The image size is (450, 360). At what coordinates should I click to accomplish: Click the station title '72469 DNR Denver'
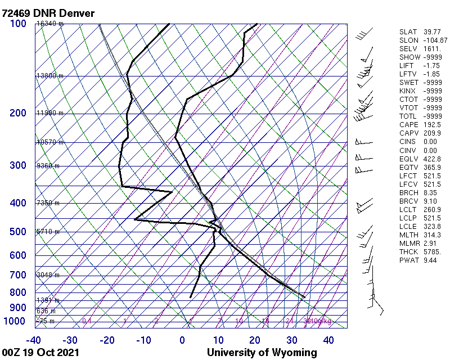click(x=48, y=12)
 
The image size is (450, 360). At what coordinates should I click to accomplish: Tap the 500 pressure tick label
click(x=17, y=232)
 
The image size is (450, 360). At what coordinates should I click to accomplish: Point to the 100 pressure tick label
click(x=17, y=24)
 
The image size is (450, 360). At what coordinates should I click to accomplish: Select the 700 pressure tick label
click(x=17, y=275)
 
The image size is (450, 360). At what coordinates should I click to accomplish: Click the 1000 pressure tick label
click(x=15, y=321)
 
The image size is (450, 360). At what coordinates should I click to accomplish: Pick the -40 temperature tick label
click(x=33, y=340)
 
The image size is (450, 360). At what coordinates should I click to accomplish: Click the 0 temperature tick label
click(x=182, y=340)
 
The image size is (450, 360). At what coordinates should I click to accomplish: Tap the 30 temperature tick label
click(x=291, y=340)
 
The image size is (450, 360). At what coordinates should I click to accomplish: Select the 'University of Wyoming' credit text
click(x=262, y=353)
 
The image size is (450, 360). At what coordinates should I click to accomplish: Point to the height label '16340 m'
click(x=48, y=24)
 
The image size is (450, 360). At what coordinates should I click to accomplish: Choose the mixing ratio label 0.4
click(x=87, y=321)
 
